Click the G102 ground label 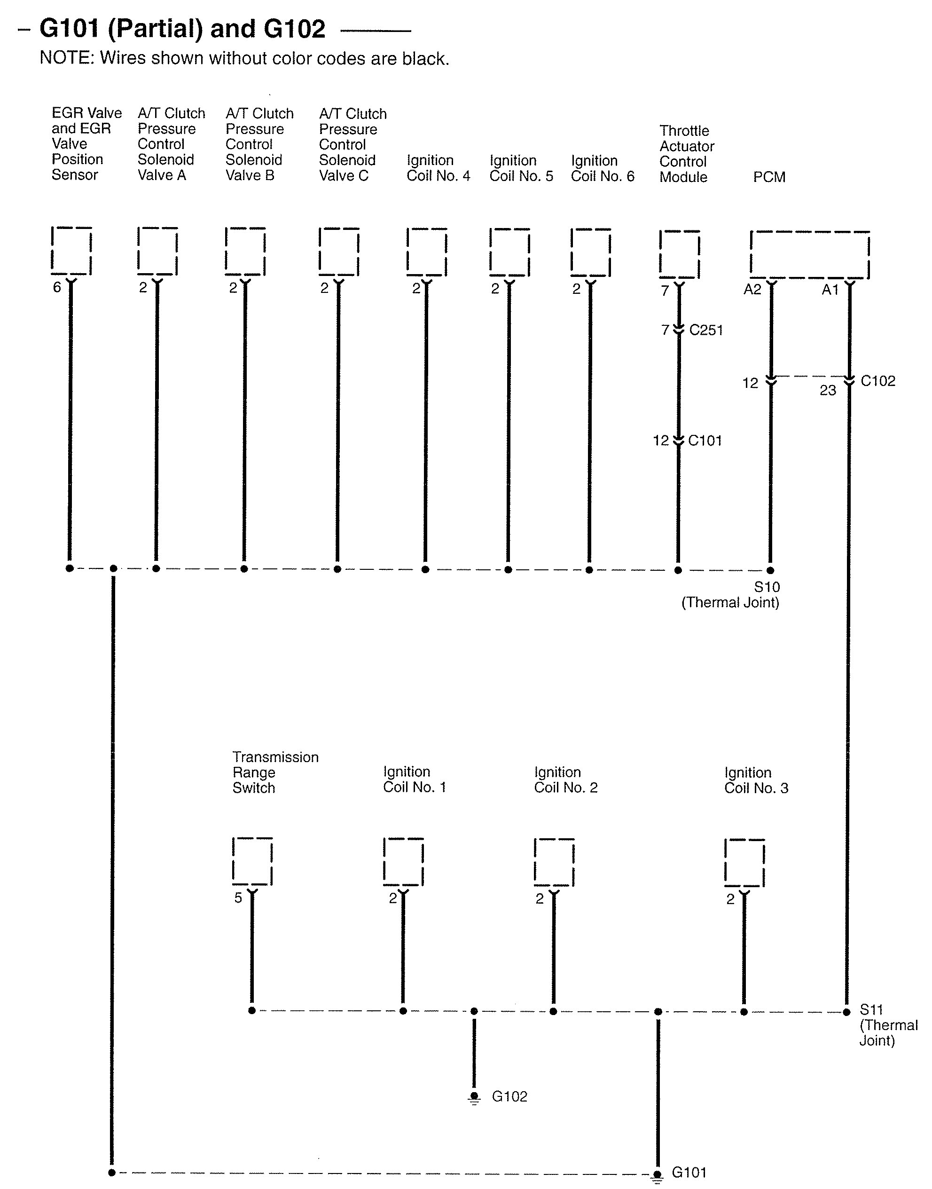[509, 1096]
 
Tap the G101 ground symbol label [689, 1172]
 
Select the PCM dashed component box [809, 255]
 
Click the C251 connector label [705, 330]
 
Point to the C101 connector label [705, 441]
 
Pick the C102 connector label [877, 381]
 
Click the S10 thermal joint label [767, 587]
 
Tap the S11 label [871, 1009]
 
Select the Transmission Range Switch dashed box [252, 861]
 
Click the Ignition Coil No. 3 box [744, 863]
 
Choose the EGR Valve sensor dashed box [71, 251]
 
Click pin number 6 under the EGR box [57, 287]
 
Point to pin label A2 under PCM [752, 289]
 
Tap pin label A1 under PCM [830, 289]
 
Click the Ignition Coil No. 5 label [521, 168]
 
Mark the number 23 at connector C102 [827, 390]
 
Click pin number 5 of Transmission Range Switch [238, 898]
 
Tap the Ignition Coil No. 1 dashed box [403, 862]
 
